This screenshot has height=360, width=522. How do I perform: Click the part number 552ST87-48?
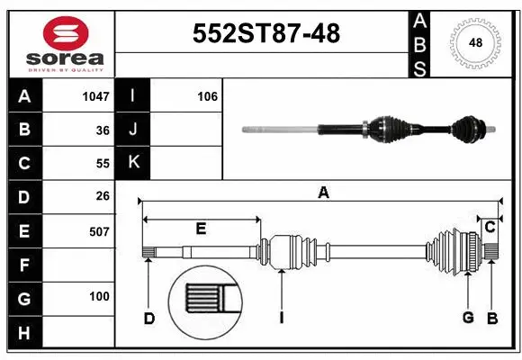pos(267,34)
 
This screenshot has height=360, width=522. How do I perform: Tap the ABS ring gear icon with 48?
pos(473,42)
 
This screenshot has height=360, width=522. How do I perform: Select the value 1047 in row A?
pos(95,96)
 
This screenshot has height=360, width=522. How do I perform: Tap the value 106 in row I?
pos(207,96)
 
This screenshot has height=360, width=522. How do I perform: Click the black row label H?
pos(24,334)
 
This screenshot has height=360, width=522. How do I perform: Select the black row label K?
pos(133,163)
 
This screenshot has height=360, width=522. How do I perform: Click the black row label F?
pos(24,265)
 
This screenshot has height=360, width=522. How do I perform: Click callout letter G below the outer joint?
pos(467,317)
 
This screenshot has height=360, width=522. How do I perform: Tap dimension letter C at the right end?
pos(490,228)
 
